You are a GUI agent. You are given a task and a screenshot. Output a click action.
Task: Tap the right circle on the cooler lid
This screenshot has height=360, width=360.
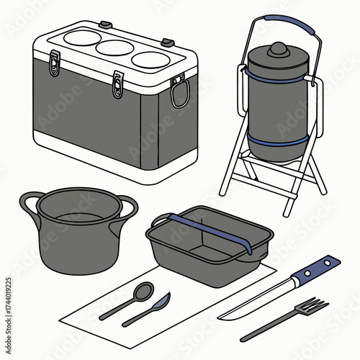(x=150, y=58)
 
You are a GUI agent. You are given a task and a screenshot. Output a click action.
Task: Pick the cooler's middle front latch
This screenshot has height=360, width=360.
(x=117, y=85)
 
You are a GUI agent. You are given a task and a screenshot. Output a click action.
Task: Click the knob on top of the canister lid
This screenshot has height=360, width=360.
(x=277, y=50)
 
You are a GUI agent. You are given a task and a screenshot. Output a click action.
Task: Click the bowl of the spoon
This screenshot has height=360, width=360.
(x=143, y=291)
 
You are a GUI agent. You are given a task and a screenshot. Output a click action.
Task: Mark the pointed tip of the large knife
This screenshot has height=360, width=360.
(x=220, y=317)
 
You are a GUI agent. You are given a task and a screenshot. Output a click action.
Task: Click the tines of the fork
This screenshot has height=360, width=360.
(x=311, y=307)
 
